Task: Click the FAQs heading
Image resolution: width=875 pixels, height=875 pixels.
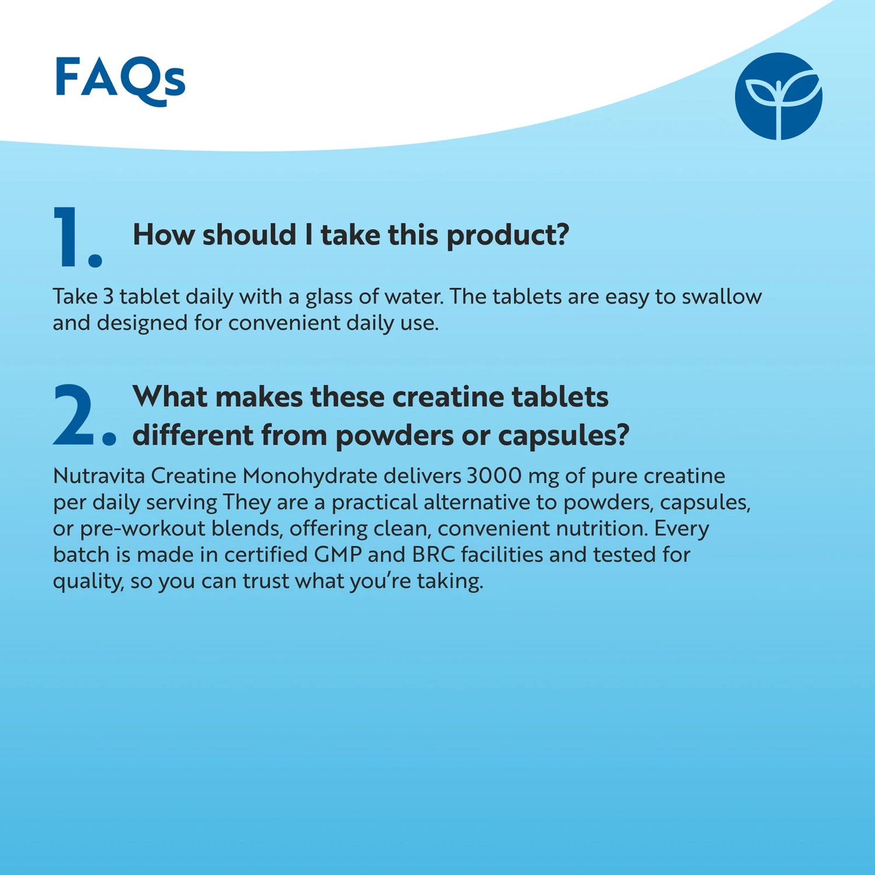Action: click(120, 79)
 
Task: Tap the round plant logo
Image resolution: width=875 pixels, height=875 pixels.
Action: click(778, 96)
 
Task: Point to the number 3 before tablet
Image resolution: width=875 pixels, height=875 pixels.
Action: click(108, 296)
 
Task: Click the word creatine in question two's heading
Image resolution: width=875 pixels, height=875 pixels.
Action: click(447, 397)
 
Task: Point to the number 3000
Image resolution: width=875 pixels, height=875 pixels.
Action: click(494, 476)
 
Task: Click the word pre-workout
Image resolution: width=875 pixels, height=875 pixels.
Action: click(142, 528)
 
